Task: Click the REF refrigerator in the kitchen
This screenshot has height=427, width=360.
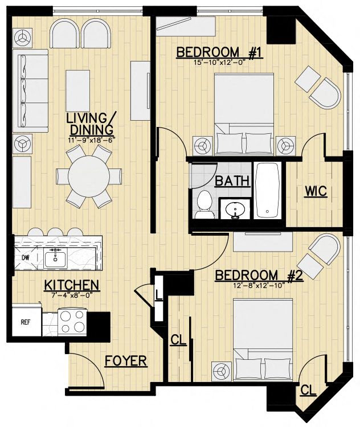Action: [x=26, y=322]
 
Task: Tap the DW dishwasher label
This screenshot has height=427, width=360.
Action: [x=26, y=257]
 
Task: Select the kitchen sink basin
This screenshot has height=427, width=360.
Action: [x=55, y=259]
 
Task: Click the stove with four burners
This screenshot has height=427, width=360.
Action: [x=72, y=322]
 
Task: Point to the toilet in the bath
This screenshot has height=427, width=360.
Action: [x=204, y=204]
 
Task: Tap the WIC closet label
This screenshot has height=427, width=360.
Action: [x=316, y=191]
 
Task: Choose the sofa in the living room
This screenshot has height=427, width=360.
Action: [x=30, y=90]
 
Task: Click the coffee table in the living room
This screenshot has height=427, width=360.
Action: [x=78, y=90]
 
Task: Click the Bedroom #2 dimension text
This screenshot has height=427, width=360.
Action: [x=259, y=286]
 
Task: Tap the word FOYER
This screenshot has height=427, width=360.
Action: [x=126, y=362]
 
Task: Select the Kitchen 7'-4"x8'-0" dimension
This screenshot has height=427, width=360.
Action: [x=72, y=294]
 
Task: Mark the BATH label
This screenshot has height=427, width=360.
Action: [x=232, y=181]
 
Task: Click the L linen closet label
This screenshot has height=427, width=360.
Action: [x=158, y=295]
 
